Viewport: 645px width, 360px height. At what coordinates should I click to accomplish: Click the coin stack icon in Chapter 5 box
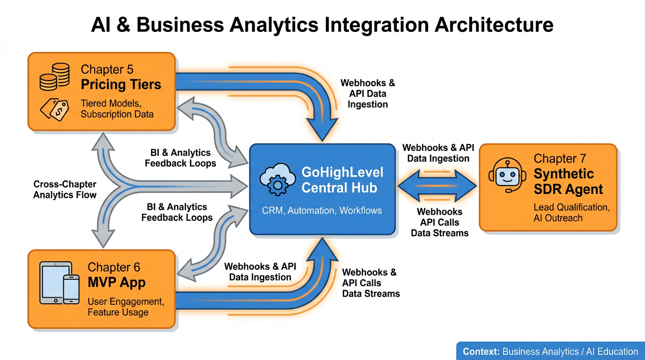coord(55,77)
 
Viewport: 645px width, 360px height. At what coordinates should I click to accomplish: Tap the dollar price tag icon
coord(54,110)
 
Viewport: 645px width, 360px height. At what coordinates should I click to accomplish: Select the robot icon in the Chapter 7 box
coord(505,176)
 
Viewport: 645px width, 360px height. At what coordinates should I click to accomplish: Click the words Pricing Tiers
coord(121,85)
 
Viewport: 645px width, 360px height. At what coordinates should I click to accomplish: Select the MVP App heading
coord(117,283)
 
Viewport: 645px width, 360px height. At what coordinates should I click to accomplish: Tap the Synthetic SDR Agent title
coord(568,181)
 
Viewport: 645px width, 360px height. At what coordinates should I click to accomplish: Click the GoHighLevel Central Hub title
coord(342,180)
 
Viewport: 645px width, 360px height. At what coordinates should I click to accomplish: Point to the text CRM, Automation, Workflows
coord(322,210)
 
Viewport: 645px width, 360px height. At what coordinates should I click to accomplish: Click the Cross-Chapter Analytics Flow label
coord(65,189)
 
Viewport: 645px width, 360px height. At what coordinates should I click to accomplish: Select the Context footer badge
coord(550,351)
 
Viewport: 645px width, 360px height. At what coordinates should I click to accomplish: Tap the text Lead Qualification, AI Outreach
coord(571,213)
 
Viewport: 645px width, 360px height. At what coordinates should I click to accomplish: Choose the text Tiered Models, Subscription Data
coord(117,109)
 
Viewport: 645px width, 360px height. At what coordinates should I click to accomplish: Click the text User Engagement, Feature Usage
coord(125,307)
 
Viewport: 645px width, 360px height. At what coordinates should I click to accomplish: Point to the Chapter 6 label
coord(114,267)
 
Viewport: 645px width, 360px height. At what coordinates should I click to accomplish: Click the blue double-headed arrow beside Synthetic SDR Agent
coord(437,186)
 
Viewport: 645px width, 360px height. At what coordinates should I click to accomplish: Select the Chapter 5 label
coord(107,69)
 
